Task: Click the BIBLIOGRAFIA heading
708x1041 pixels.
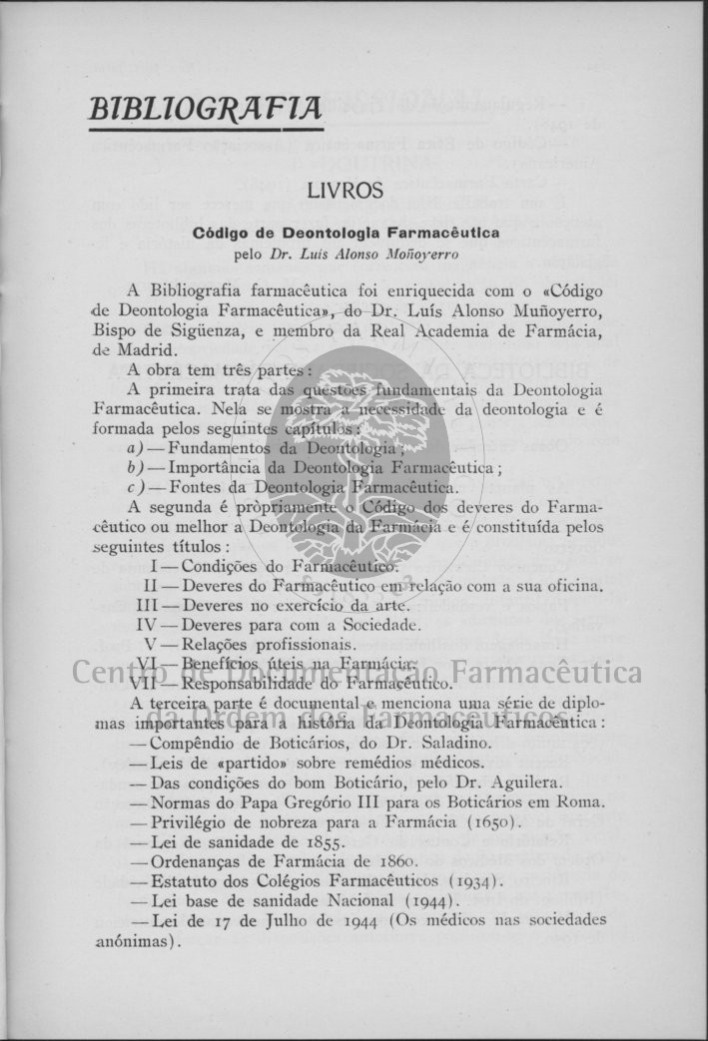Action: coord(206,108)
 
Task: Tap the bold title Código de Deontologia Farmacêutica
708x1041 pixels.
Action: coord(347,233)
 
